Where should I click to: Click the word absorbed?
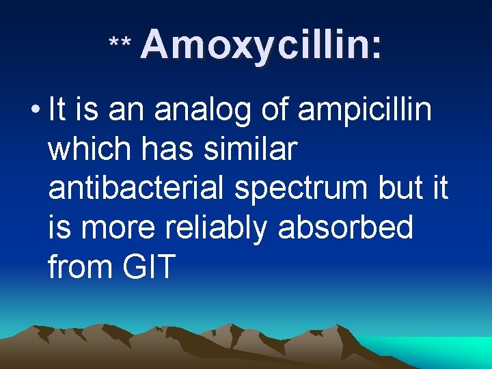(x=346, y=228)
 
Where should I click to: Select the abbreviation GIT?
(x=149, y=266)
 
